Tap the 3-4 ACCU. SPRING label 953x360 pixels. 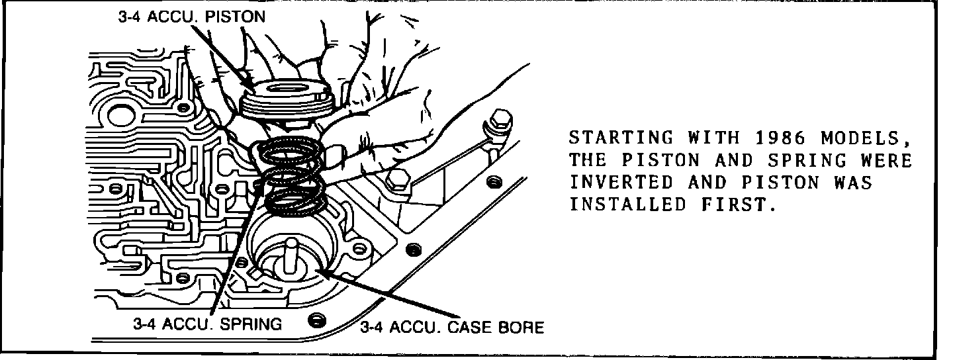tap(207, 324)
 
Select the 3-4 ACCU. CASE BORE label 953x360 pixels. tap(451, 328)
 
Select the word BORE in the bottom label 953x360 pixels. tap(522, 328)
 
